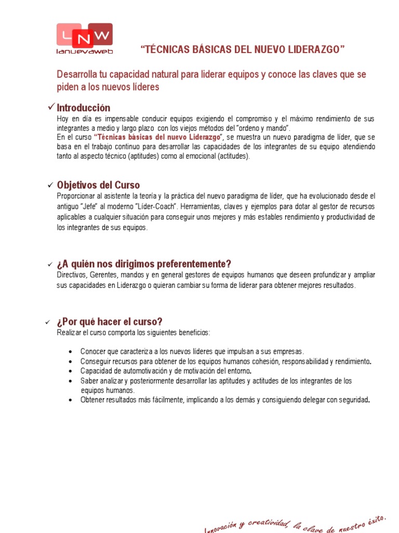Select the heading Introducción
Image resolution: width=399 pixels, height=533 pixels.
pos(83,108)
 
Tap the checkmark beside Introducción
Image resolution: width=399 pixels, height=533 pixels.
pos(51,107)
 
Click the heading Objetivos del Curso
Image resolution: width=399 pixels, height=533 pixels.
pos(98,185)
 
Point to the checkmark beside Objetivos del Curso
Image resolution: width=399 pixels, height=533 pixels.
pos(50,185)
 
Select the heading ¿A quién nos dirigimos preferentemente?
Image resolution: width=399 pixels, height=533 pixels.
pos(144,264)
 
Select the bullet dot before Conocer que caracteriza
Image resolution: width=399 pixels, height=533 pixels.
pos(70,351)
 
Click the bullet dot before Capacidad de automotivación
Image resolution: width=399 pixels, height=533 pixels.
pos(70,371)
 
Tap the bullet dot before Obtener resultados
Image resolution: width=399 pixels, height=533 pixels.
pos(70,400)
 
